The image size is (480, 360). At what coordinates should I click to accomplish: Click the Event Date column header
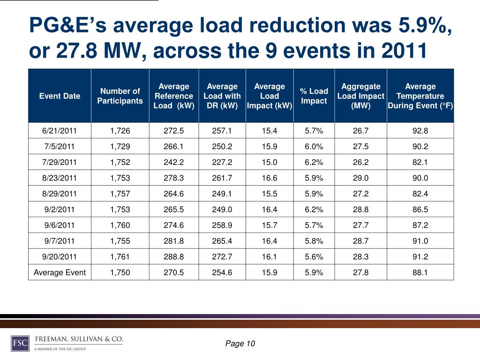pyautogui.click(x=60, y=96)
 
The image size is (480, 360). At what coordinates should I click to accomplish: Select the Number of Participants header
pyautogui.click(x=120, y=96)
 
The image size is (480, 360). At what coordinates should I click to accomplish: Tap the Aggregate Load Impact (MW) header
pyautogui.click(x=360, y=96)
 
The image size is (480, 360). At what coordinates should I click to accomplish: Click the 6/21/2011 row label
pyautogui.click(x=60, y=131)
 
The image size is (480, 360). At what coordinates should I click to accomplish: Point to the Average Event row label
pyautogui.click(x=60, y=272)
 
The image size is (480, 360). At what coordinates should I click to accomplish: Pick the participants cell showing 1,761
pyautogui.click(x=120, y=256)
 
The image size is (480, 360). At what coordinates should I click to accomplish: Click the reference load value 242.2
pyautogui.click(x=173, y=162)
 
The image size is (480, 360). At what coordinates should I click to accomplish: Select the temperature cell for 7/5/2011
pyautogui.click(x=420, y=146)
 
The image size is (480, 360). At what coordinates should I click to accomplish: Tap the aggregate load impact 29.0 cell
pyautogui.click(x=360, y=178)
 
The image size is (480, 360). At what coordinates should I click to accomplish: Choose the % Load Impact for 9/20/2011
pyautogui.click(x=314, y=256)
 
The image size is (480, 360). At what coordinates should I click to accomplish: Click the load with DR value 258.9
pyautogui.click(x=222, y=225)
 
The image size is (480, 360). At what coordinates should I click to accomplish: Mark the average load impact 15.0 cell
pyautogui.click(x=270, y=162)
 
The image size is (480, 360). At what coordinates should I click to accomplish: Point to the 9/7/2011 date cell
pyautogui.click(x=60, y=241)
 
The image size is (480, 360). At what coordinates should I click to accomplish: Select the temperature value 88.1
pyautogui.click(x=420, y=272)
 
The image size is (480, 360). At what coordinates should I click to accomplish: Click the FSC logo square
pyautogui.click(x=20, y=343)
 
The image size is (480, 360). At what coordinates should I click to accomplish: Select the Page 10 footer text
pyautogui.click(x=240, y=344)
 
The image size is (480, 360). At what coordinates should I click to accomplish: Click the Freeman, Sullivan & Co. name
pyautogui.click(x=79, y=339)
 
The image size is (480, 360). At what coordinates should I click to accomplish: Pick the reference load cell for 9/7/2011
pyautogui.click(x=173, y=241)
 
